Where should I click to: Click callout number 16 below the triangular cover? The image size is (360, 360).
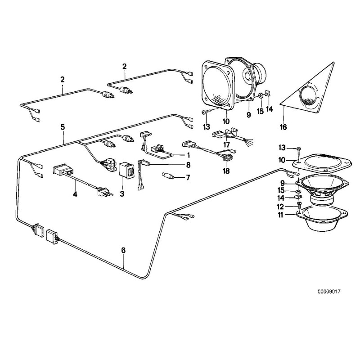pyautogui.click(x=283, y=127)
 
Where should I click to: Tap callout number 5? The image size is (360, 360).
pyautogui.click(x=63, y=127)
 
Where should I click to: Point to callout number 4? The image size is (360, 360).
pyautogui.click(x=76, y=194)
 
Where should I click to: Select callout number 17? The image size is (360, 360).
pyautogui.click(x=227, y=144)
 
